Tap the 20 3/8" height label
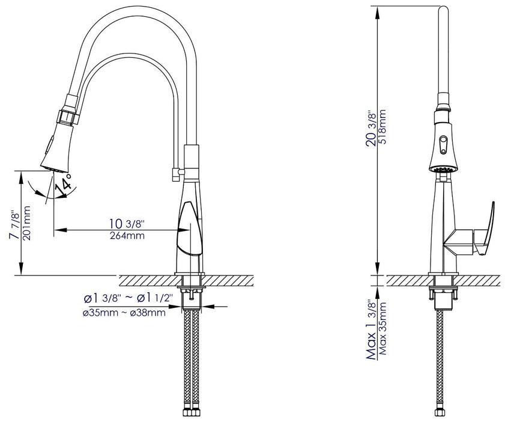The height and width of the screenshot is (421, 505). click(x=372, y=131)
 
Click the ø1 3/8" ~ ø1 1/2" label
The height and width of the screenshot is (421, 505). click(x=129, y=298)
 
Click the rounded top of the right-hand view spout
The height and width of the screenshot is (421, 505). click(x=444, y=10)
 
